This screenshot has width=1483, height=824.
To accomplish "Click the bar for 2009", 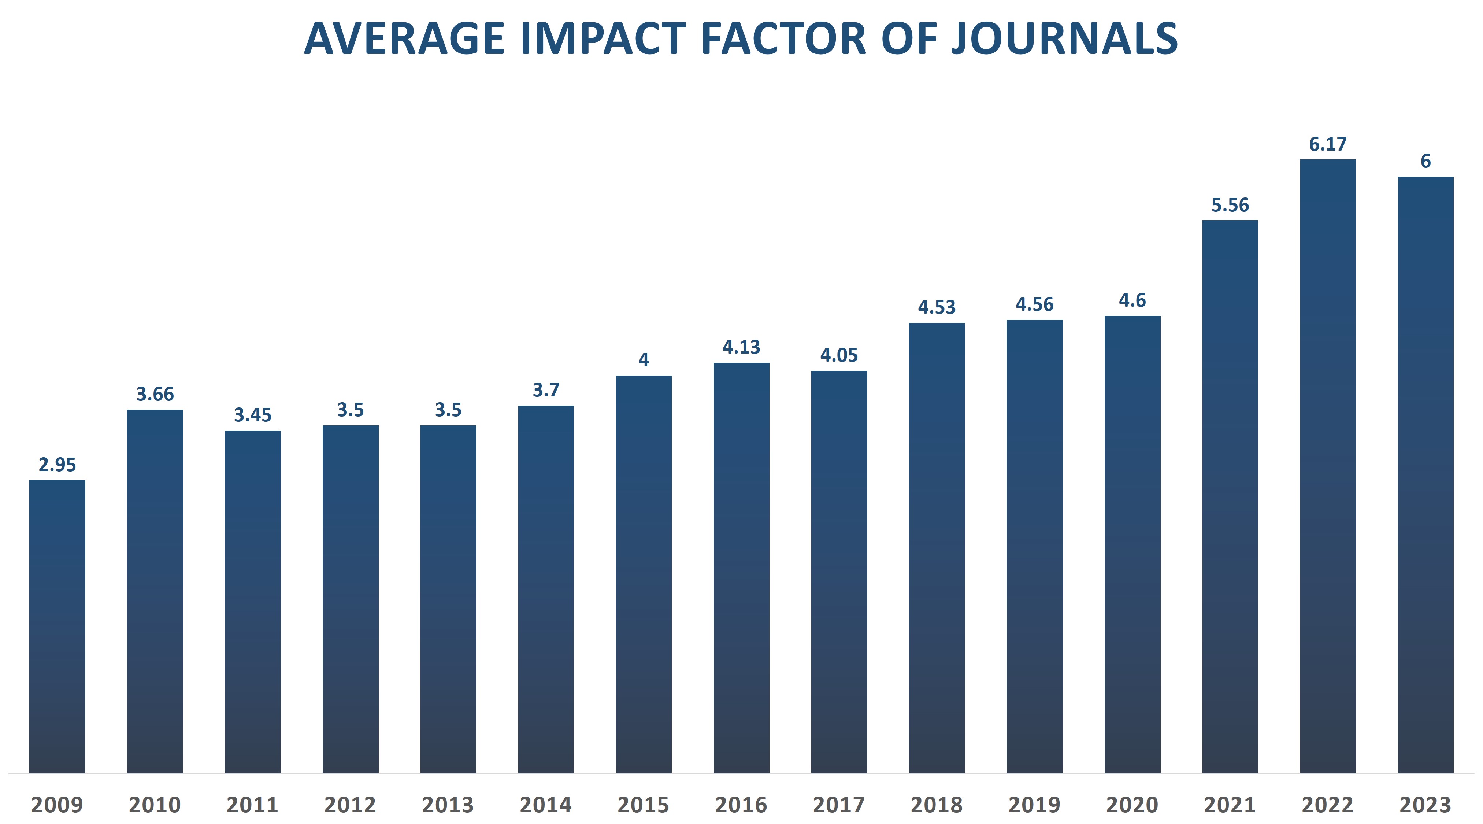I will (x=57, y=627).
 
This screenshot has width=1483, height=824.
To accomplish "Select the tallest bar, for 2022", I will (x=1328, y=466).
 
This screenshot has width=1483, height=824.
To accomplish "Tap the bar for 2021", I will (x=1230, y=496).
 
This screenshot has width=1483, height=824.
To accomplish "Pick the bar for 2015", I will (x=644, y=574).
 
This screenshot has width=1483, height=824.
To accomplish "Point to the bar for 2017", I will (x=839, y=572).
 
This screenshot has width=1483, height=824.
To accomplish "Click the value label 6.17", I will (x=1328, y=144).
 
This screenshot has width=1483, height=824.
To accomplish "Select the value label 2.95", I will (x=57, y=464).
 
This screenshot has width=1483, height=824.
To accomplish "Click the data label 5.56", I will (x=1230, y=205).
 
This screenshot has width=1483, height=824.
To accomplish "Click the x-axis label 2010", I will (x=155, y=805).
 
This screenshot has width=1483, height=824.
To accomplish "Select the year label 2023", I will (x=1425, y=805).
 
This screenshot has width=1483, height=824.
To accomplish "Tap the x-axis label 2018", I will (x=937, y=805).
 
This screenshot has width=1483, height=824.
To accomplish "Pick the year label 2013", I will (x=448, y=805).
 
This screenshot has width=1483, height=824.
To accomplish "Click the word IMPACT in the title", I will (x=603, y=39).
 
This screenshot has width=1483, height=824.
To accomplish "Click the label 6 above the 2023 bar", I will (x=1425, y=161).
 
